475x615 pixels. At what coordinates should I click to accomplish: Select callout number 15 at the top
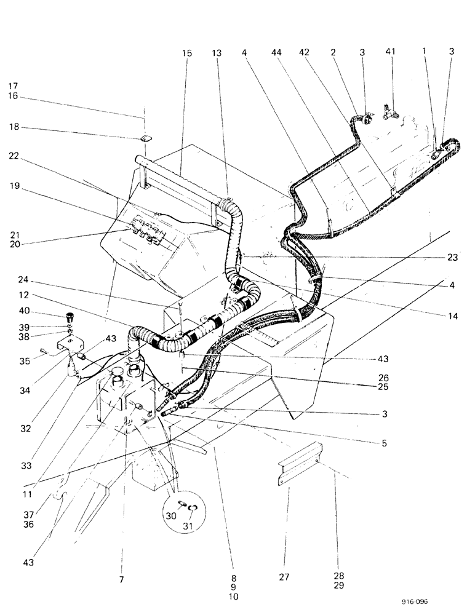pos(187,54)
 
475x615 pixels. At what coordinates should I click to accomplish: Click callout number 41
pos(392,54)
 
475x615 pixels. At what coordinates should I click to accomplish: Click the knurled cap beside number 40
pos(70,318)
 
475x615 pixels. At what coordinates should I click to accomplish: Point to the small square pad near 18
pos(145,138)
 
